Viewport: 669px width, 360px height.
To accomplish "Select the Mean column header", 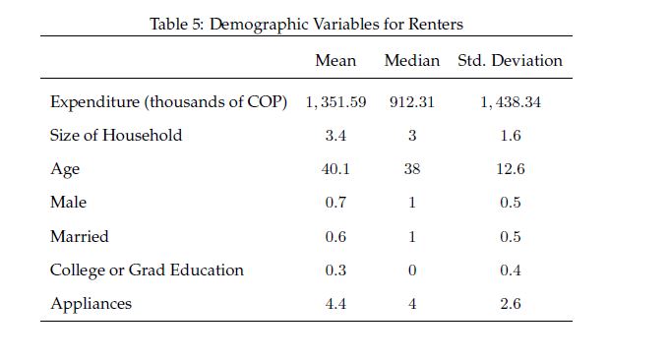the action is coord(335,60).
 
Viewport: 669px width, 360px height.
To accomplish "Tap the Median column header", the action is coord(411,60).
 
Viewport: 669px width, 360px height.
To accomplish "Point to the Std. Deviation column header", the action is coord(510,60).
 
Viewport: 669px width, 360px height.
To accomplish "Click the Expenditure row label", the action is coord(168,102).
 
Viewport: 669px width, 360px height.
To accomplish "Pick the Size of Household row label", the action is coord(116,135).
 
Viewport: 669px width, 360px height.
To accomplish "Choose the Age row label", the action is coord(65,169).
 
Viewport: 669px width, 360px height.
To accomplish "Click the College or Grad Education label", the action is coord(147,270).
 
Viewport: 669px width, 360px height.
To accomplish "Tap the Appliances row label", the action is coord(91,304).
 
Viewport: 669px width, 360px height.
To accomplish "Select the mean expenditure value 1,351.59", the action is coord(335,102).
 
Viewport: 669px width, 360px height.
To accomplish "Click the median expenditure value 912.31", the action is coord(411,102).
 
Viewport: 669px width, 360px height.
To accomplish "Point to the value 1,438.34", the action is coord(511,102).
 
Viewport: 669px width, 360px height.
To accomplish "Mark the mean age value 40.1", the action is coord(335,169).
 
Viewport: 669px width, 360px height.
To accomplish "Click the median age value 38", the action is coord(412,169).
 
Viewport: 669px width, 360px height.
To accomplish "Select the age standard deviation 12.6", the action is coord(511,169).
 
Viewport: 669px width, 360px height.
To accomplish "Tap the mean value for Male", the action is coord(335,203).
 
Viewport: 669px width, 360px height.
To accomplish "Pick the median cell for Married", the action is coord(412,236).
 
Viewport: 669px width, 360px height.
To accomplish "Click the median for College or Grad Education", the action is coord(412,270).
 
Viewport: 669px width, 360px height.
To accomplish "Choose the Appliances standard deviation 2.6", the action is coord(511,304).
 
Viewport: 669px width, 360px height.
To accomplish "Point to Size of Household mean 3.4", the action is coord(335,136).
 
